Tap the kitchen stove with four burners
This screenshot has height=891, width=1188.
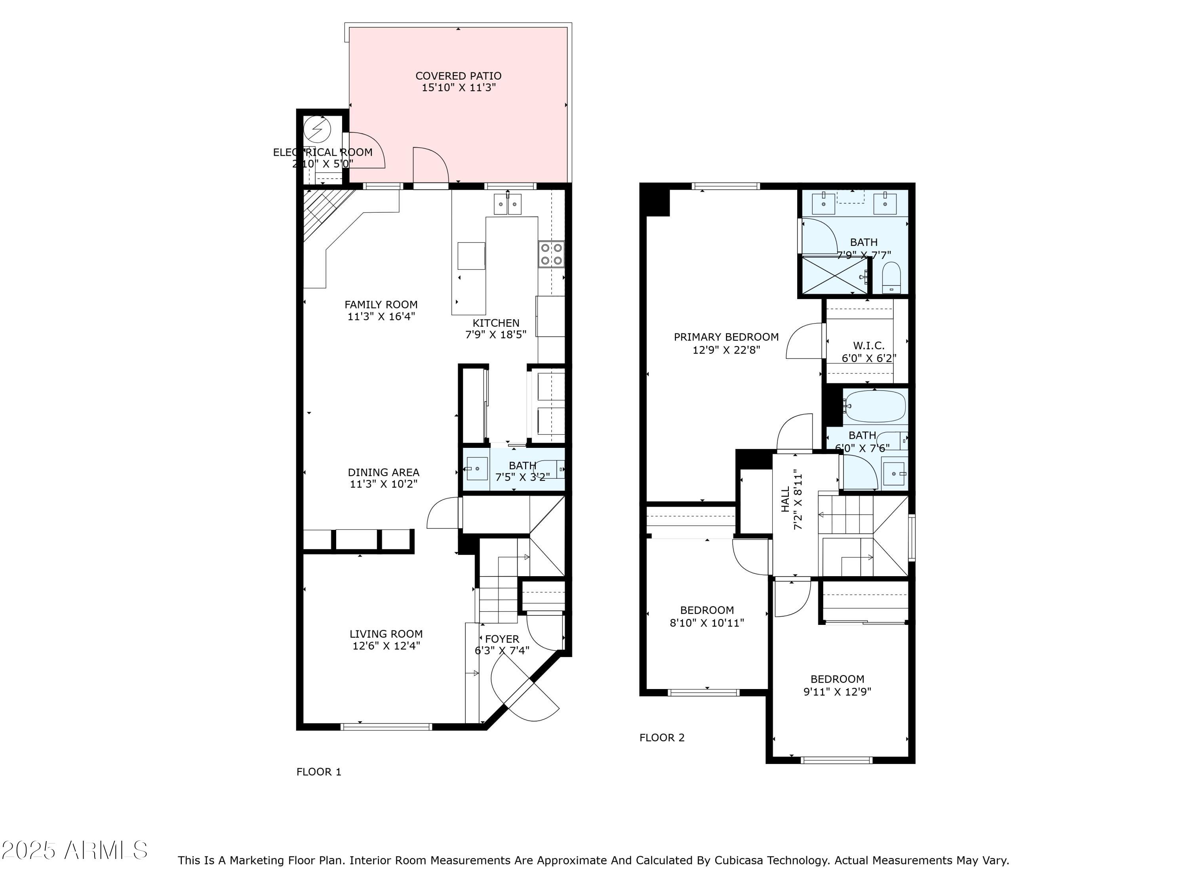552,254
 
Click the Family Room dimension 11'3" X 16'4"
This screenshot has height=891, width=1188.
381,317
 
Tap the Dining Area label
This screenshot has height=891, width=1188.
383,472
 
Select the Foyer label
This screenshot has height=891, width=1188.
502,639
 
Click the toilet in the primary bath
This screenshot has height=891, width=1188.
891,278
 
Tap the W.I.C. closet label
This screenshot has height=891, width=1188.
868,346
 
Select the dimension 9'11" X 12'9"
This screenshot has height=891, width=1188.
837,692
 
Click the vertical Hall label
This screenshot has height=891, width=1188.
786,499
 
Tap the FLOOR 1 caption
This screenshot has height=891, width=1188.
318,772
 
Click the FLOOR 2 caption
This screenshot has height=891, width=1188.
662,737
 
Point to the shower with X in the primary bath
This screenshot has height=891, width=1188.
834,275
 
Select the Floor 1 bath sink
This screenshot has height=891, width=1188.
476,469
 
